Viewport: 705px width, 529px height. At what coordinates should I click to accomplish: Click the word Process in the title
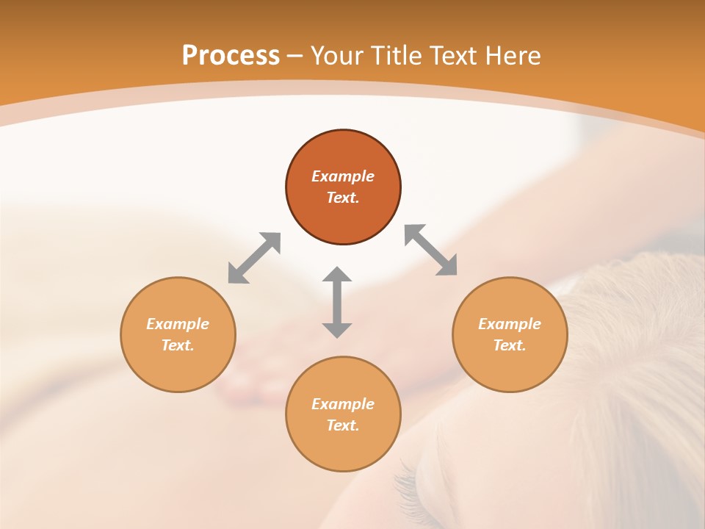pyautogui.click(x=231, y=56)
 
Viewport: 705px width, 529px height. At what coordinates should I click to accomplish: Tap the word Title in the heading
pyautogui.click(x=395, y=56)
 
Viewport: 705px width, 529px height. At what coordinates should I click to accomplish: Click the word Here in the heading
pyautogui.click(x=513, y=56)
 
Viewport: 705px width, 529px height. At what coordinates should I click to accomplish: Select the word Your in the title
pyautogui.click(x=339, y=56)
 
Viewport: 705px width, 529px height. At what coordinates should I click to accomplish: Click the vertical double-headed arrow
pyautogui.click(x=337, y=302)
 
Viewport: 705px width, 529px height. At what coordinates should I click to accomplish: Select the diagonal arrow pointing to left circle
pyautogui.click(x=254, y=258)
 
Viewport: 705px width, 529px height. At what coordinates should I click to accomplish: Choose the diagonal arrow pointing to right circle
pyautogui.click(x=431, y=250)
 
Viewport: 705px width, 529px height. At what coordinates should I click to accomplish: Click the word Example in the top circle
pyautogui.click(x=343, y=176)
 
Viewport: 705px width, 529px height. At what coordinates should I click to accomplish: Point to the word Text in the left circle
pyautogui.click(x=178, y=345)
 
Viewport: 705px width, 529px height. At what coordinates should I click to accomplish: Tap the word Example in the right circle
pyautogui.click(x=510, y=324)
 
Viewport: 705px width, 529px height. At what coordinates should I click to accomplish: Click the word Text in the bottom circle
pyautogui.click(x=343, y=425)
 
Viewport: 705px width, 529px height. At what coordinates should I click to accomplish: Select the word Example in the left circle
pyautogui.click(x=178, y=324)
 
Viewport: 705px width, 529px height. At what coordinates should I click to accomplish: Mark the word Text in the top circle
pyautogui.click(x=343, y=198)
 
